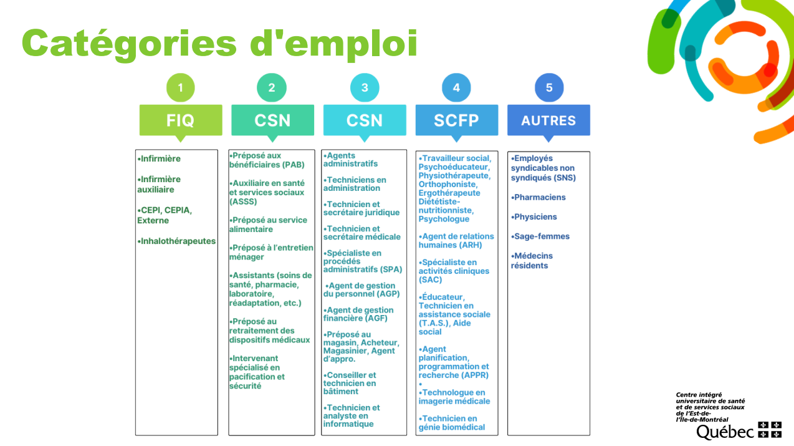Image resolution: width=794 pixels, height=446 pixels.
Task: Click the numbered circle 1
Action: (x=180, y=87)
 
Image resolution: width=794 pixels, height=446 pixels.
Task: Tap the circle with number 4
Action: (x=456, y=87)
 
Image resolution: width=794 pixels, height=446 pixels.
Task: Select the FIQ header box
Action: (x=181, y=120)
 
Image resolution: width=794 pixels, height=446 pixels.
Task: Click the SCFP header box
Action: (x=457, y=120)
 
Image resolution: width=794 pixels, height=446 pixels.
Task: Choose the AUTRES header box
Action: (x=548, y=120)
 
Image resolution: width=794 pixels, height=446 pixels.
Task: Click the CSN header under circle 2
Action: (x=272, y=120)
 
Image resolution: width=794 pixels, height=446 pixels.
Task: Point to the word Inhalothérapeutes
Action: (x=178, y=241)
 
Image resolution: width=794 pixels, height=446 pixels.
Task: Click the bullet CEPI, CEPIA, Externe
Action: (x=165, y=215)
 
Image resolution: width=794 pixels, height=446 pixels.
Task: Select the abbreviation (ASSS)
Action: (x=243, y=201)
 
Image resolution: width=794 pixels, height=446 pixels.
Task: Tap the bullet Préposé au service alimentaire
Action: (x=268, y=225)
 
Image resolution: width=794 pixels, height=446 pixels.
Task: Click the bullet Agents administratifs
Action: (x=350, y=160)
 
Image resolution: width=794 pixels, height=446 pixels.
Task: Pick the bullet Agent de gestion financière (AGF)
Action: (x=358, y=314)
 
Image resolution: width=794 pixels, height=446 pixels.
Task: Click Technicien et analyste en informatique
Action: (x=352, y=415)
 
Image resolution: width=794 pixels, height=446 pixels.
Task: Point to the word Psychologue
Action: (x=444, y=219)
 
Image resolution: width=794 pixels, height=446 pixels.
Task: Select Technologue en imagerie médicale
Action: (x=454, y=397)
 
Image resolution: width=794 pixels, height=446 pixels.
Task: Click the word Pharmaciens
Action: (x=540, y=197)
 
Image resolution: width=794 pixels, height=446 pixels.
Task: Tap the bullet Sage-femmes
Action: (x=540, y=236)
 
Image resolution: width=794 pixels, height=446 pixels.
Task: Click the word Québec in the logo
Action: (x=725, y=432)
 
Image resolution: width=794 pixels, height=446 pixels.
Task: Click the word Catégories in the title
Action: (x=129, y=44)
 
